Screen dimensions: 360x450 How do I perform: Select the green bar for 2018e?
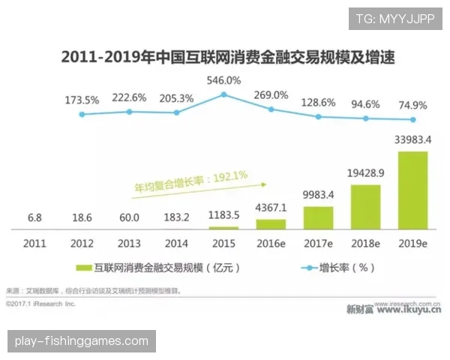pyautogui.click(x=365, y=206)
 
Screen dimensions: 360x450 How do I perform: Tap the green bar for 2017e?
pyautogui.click(x=318, y=217)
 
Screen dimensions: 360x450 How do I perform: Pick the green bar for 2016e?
pyautogui.click(x=271, y=223)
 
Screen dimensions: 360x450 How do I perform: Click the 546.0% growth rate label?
pyautogui.click(x=223, y=79)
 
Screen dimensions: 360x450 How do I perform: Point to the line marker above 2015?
pyautogui.click(x=223, y=94)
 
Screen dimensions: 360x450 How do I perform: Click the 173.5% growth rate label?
pyautogui.click(x=82, y=99)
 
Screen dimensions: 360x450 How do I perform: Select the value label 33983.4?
pyautogui.click(x=412, y=139)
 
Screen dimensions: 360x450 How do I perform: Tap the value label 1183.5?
pyautogui.click(x=223, y=217)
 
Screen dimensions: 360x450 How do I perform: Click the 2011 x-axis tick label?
pyautogui.click(x=34, y=244)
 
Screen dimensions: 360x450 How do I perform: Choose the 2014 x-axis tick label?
pyautogui.click(x=176, y=244)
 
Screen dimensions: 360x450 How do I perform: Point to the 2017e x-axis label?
pyautogui.click(x=318, y=244)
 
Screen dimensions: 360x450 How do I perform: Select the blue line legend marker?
pyautogui.click(x=309, y=266)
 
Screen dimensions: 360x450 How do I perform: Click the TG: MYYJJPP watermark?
pyautogui.click(x=395, y=18)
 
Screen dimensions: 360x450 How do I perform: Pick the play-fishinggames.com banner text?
pyautogui.click(x=81, y=341)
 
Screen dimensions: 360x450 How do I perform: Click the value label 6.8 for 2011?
pyautogui.click(x=34, y=217)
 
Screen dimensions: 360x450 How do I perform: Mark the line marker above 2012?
pyautogui.click(x=82, y=114)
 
